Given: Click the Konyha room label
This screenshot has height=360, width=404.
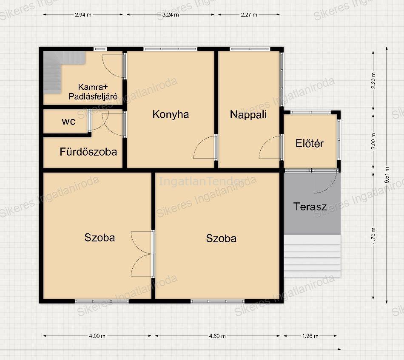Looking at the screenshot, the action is tap(171, 115).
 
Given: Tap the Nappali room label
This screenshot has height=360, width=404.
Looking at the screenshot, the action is tap(248, 115).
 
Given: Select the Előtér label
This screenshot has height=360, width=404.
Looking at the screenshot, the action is tap(310, 143).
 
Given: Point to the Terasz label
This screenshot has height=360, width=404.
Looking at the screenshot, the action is tap(310, 207).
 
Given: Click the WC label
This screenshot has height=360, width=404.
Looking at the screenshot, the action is tap(68, 122).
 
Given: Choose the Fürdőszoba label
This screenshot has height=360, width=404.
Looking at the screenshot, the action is tap(88, 152).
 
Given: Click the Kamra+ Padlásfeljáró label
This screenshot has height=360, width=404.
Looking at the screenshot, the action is tap(93, 92).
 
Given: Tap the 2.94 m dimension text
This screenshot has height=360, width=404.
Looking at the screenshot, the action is tap(83, 15).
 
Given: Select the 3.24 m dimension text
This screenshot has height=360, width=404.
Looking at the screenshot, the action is tap(171, 15).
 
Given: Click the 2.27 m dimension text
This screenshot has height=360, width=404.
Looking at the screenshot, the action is tap(249, 15).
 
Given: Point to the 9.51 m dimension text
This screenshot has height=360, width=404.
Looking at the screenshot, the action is tap(387, 175).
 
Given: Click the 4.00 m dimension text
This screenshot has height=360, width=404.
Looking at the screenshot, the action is tap(97, 336).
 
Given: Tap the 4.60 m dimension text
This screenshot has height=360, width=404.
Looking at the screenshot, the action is tap(217, 336).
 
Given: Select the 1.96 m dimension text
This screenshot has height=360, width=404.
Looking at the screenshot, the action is tap(310, 336).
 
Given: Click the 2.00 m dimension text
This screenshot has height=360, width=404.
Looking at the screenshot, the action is tap(373, 142).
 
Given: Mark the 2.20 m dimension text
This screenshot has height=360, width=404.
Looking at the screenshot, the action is tap(373, 81).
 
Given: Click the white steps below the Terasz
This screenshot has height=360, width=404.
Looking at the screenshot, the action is tap(312, 256).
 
